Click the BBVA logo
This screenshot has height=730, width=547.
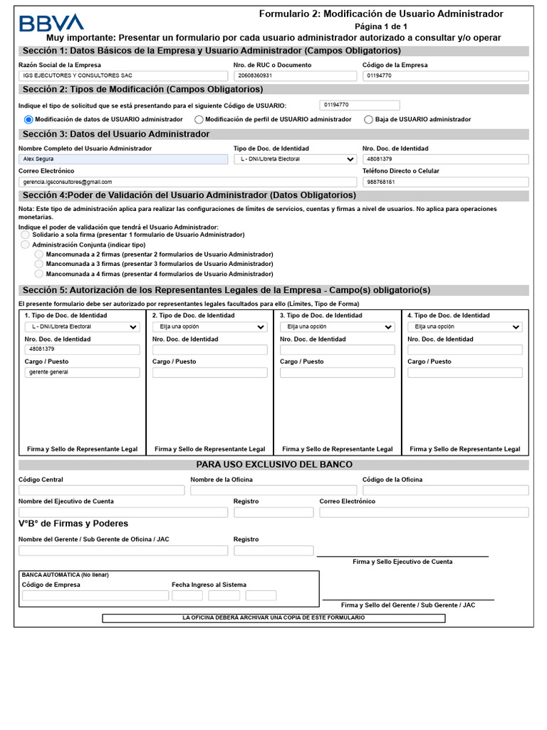point(51,23)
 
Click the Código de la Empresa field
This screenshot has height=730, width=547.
point(445,76)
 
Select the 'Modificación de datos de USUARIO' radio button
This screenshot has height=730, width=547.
point(28,120)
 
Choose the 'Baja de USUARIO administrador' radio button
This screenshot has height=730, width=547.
point(368,120)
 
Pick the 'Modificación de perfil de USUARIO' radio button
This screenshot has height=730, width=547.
point(199,120)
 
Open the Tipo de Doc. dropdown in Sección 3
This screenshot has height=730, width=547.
point(295,159)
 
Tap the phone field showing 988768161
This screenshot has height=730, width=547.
point(445,182)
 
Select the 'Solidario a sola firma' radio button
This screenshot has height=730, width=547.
point(26,235)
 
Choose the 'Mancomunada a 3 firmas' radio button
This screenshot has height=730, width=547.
point(39,264)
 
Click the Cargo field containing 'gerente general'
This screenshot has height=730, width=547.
point(82,373)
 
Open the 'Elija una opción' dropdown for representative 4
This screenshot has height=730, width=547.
point(464,327)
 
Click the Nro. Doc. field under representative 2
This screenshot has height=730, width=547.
point(209,350)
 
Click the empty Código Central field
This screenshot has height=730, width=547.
point(101,490)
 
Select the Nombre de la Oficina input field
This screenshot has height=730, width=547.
point(273,490)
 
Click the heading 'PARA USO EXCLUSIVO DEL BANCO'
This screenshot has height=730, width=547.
point(274,465)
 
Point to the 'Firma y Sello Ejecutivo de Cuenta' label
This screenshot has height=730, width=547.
point(402,562)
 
